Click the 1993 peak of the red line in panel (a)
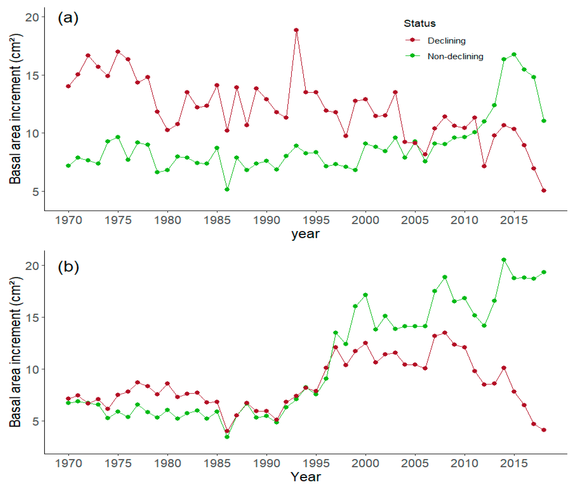[296, 30]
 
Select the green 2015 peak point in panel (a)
[514, 55]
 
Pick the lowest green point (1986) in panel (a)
[227, 190]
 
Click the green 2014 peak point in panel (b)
[504, 260]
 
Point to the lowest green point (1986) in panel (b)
[227, 437]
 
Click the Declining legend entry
[446, 41]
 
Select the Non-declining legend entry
[455, 56]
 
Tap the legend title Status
[419, 23]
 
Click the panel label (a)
[68, 18]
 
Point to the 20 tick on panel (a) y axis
[32, 17]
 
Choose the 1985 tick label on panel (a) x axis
[217, 220]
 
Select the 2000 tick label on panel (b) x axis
[365, 463]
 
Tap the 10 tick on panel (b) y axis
[32, 369]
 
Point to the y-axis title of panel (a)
[15, 109]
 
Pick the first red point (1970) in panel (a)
[68, 86]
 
